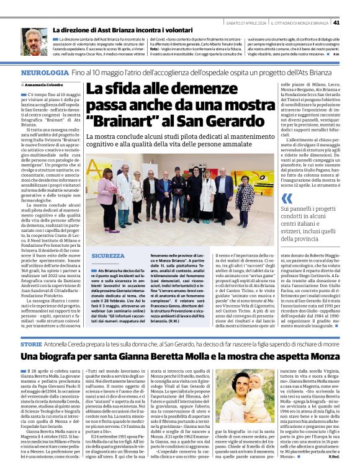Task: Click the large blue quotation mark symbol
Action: point(286,198)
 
